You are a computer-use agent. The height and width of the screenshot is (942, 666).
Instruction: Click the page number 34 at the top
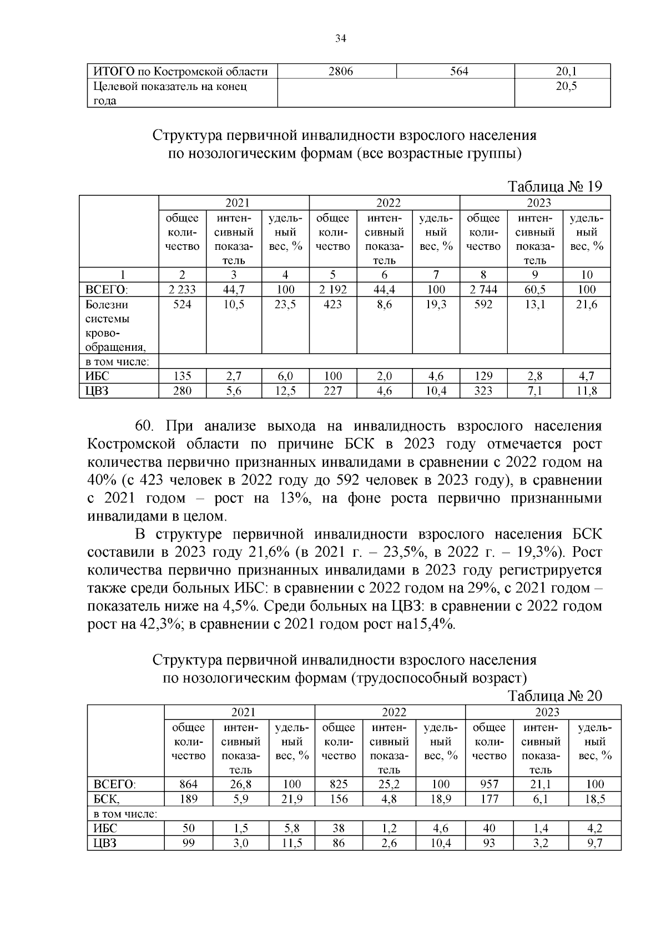[x=341, y=38]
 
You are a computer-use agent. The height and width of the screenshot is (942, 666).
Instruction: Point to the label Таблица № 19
[x=555, y=187]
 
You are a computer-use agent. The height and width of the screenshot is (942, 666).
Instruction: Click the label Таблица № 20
[x=555, y=696]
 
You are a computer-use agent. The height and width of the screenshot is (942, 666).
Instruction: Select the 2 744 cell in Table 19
[x=483, y=289]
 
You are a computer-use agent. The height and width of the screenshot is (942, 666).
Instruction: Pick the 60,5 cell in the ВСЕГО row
[x=535, y=289]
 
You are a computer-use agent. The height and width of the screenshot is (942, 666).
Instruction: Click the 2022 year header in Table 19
[x=388, y=203]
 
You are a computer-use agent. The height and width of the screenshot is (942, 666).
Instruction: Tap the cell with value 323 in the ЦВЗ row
[x=483, y=391]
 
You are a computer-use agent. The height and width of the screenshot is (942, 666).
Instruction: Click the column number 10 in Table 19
[x=587, y=274]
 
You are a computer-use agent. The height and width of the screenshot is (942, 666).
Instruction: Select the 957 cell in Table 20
[x=489, y=784]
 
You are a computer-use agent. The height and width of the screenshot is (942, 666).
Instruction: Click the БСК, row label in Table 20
[x=107, y=799]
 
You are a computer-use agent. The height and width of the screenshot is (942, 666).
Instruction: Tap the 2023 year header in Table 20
[x=546, y=712]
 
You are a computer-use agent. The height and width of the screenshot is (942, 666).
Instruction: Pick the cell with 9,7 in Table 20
[x=594, y=843]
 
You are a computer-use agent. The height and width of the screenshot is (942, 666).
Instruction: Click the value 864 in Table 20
[x=189, y=784]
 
